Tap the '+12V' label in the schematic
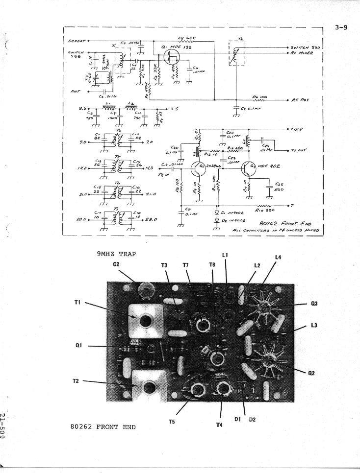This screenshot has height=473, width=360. (x=298, y=129)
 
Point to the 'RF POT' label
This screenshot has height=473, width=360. (x=301, y=99)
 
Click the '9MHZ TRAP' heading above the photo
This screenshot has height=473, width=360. (x=116, y=254)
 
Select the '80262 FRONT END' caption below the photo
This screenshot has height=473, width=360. (x=103, y=426)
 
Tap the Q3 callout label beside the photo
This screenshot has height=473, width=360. (x=314, y=304)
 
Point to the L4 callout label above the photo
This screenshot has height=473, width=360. (x=278, y=257)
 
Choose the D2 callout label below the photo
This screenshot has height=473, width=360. (x=252, y=420)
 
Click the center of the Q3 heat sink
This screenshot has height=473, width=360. (x=267, y=306)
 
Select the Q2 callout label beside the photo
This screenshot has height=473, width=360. (x=311, y=374)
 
